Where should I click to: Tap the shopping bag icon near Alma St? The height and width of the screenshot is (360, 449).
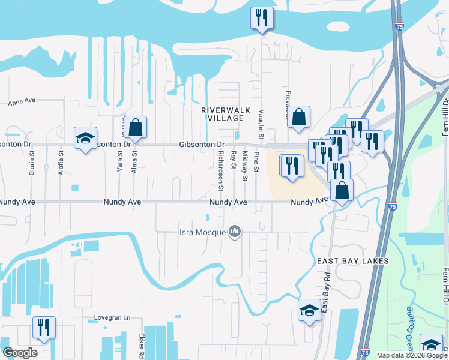pos(136,127)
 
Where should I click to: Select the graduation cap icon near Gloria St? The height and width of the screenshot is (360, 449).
pos(85,138)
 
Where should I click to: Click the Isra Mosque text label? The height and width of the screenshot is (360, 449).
pos(202,232)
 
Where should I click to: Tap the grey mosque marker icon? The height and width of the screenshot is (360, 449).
pos(235,232)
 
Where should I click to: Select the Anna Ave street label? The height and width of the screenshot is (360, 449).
pos(23,102)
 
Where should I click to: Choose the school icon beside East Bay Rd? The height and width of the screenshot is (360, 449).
pos(309,310)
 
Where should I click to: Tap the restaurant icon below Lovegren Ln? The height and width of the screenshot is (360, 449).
pos(44,328)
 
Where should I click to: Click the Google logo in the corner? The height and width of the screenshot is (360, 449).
pos(20,353)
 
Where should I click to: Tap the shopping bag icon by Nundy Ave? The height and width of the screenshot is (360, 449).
pos(342,190)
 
